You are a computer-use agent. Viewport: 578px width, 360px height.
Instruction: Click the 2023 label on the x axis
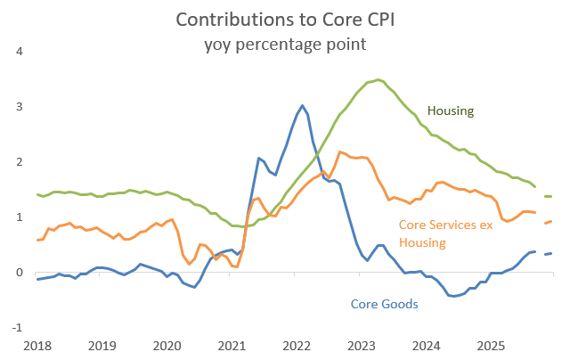coord(362,345)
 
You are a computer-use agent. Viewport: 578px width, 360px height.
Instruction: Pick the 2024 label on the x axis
coord(426,345)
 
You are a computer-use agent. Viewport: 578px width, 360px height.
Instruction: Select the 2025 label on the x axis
coord(490,345)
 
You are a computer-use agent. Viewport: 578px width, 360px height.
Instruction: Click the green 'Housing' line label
coord(451,111)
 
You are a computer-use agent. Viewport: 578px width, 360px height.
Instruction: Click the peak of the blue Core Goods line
coord(302,105)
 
